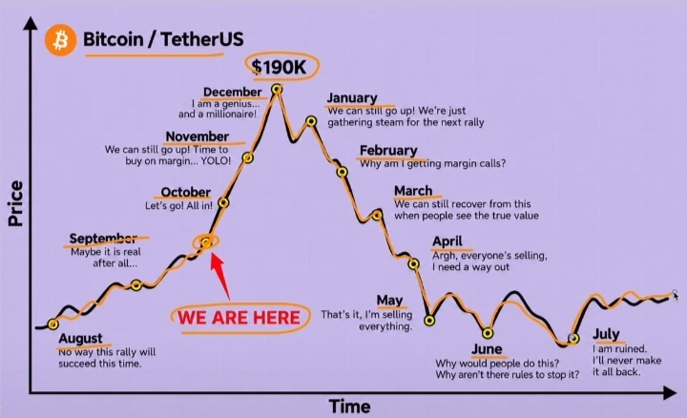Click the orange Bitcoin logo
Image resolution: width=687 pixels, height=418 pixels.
point(60,40)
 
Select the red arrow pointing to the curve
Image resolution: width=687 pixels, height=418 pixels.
point(219,277)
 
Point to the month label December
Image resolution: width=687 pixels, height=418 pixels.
point(232,92)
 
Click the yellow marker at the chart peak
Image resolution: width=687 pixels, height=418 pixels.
point(277,90)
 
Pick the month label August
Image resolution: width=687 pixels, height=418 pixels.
point(80,339)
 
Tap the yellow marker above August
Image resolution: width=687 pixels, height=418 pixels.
point(53,324)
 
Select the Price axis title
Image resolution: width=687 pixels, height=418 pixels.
point(15,203)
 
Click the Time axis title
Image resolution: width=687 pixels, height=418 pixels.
point(349,407)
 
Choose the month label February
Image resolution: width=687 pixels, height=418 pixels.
point(388,151)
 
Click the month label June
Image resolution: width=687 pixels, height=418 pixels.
point(487,349)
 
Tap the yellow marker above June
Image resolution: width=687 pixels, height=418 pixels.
point(488,333)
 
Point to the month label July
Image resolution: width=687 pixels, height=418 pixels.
point(606,334)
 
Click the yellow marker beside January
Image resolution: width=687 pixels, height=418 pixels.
point(311,121)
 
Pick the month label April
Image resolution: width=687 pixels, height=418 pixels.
point(448,241)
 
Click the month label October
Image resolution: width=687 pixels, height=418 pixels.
point(186,192)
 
